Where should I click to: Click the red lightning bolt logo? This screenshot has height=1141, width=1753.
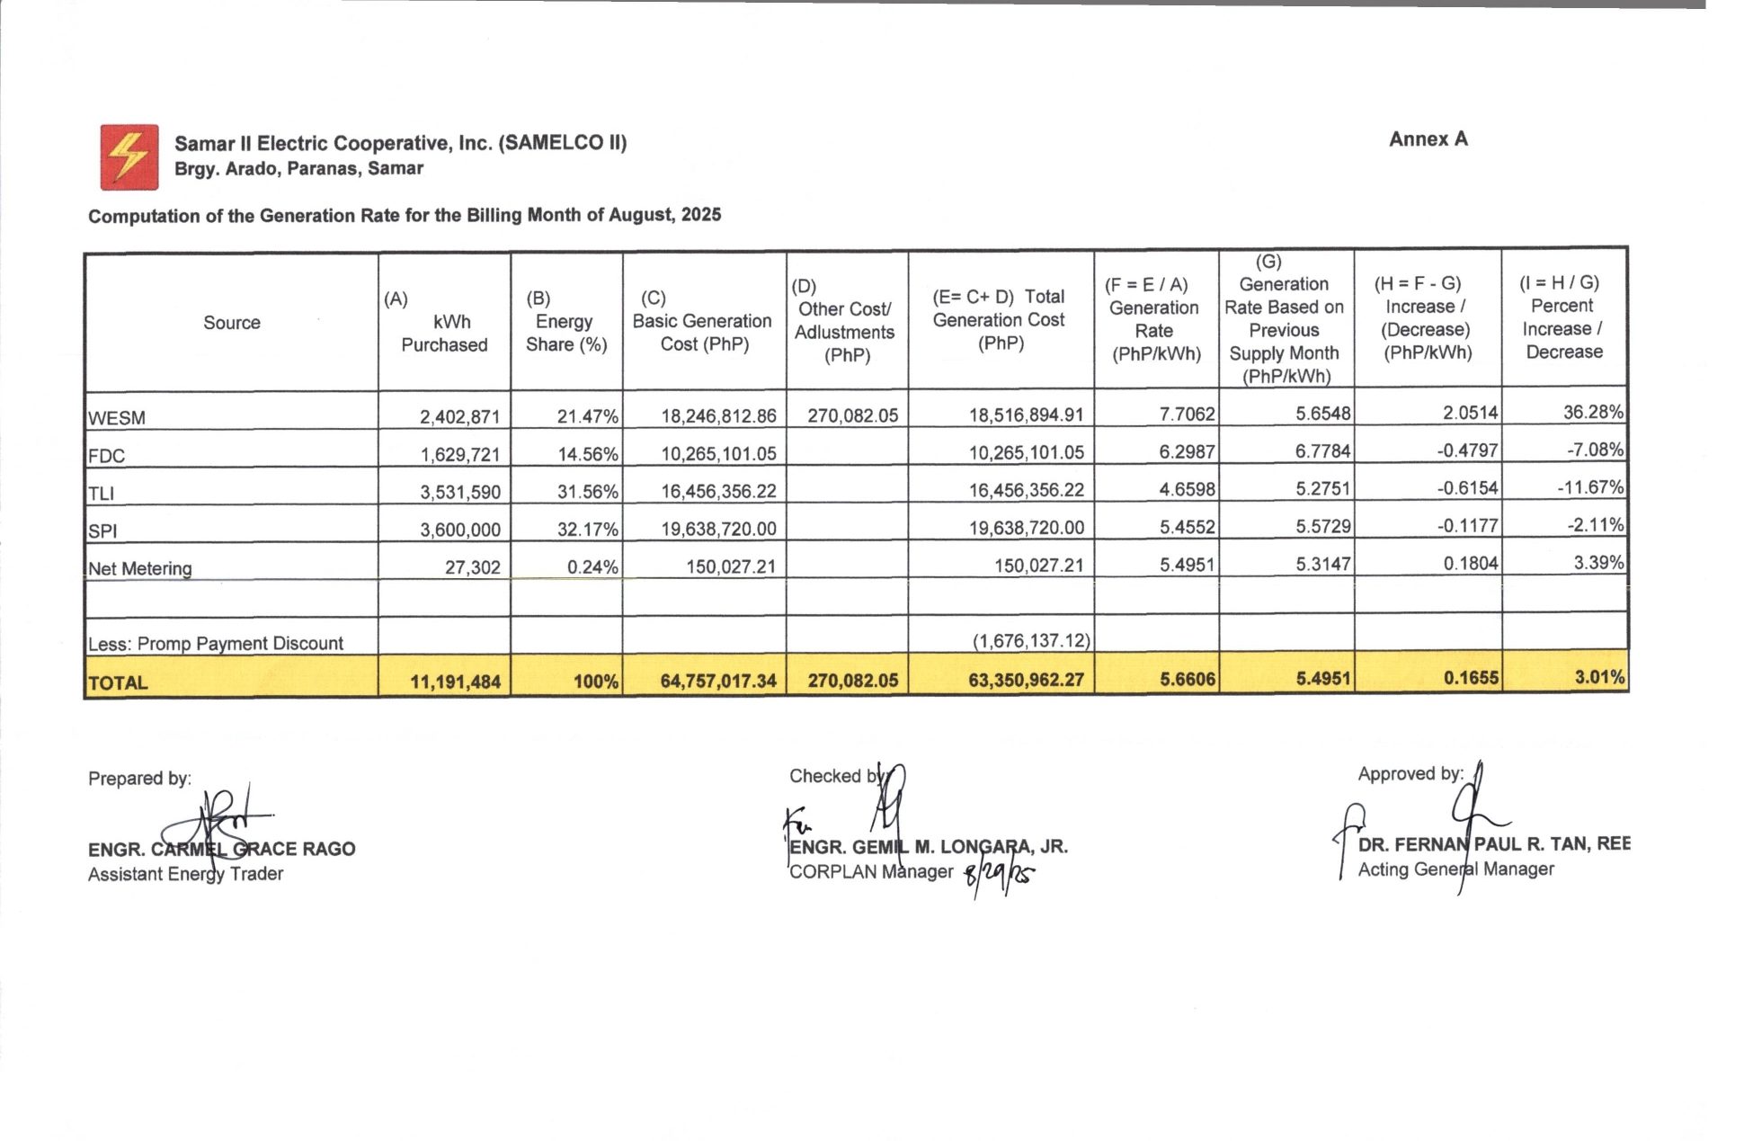click(x=129, y=157)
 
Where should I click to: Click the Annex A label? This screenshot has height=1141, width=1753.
click(x=1428, y=139)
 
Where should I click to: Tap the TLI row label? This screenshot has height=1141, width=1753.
click(x=102, y=493)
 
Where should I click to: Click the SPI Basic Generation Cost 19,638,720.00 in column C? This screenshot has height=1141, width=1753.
click(x=718, y=529)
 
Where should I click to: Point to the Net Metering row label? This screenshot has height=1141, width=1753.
click(x=140, y=568)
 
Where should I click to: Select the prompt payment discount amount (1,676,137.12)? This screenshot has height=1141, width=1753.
click(x=1031, y=641)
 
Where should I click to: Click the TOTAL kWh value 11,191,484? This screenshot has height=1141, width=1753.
click(x=455, y=682)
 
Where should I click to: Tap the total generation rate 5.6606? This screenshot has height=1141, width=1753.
click(x=1187, y=680)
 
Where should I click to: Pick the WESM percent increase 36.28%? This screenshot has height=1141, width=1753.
click(x=1593, y=413)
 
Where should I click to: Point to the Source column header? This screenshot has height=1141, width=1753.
click(x=232, y=323)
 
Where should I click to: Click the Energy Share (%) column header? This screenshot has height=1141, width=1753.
click(x=566, y=322)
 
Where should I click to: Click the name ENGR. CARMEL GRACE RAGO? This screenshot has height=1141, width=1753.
click(x=221, y=849)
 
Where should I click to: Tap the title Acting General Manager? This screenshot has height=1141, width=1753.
click(x=1455, y=869)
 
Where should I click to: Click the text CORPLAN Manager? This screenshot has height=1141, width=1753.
click(x=870, y=871)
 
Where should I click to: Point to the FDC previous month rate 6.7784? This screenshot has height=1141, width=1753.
click(x=1322, y=450)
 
